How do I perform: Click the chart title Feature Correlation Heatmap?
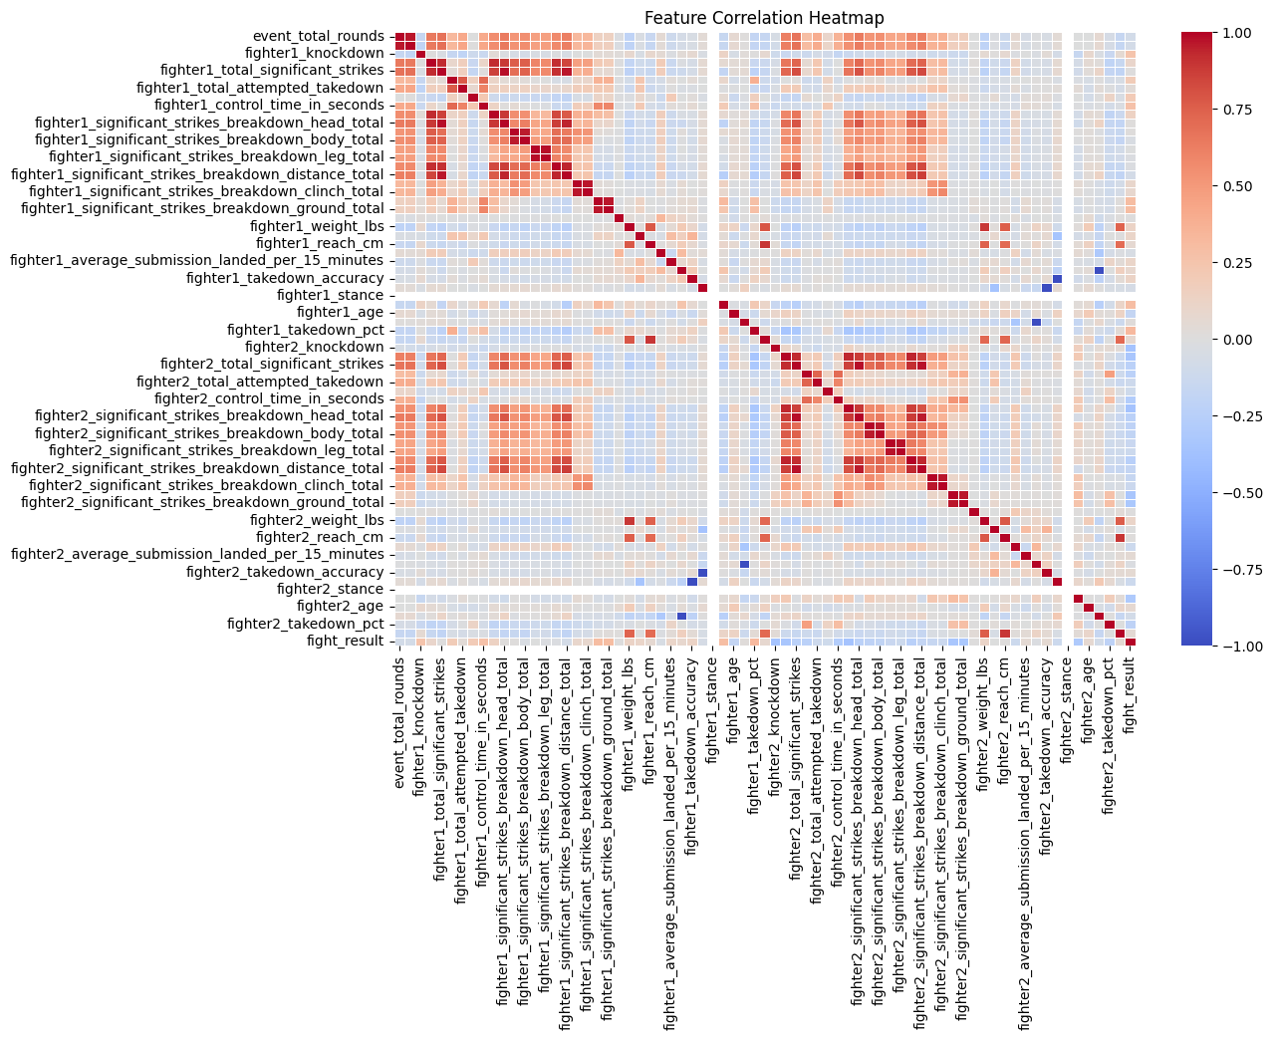pyautogui.click(x=764, y=18)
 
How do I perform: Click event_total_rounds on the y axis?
pyautogui.click(x=319, y=36)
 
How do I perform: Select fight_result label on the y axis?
pyautogui.click(x=344, y=641)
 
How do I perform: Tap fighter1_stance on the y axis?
pyautogui.click(x=330, y=295)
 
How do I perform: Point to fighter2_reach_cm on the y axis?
pyautogui.click(x=320, y=537)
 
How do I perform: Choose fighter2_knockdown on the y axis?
pyautogui.click(x=314, y=347)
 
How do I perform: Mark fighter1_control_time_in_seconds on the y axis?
pyautogui.click(x=269, y=105)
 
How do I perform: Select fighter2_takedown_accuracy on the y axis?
pyautogui.click(x=285, y=572)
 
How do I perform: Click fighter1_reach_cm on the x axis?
pyautogui.click(x=649, y=711)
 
